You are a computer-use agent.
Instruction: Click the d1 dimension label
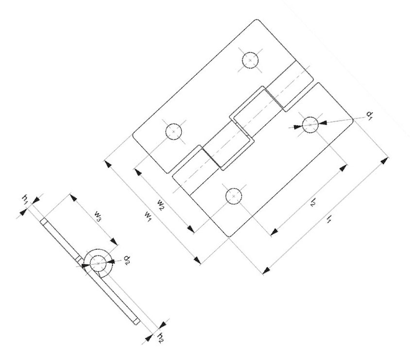pos(370,115)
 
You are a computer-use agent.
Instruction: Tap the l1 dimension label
pos(329,218)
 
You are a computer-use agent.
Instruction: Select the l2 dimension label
pos(313,202)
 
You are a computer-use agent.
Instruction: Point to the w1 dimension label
pos(148,217)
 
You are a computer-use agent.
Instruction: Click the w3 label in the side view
pos(98,216)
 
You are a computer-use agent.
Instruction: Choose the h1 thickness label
pos(25,200)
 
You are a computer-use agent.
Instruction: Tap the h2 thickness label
pos(160,338)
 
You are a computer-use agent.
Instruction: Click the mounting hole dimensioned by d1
pos(310,125)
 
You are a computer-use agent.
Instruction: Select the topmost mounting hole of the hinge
pos(250,60)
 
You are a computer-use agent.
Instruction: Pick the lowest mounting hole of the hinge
pos(234,196)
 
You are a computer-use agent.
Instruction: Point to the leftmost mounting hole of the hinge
pos(173,131)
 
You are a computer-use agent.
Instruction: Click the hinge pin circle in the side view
pos(98,263)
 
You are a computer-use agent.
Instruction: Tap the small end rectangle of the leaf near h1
pos(44,221)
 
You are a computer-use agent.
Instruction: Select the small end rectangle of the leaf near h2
pos(137,321)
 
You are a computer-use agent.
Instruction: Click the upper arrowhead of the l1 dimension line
pos(384,160)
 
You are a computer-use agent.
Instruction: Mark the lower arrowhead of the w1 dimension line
pos(197,260)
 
